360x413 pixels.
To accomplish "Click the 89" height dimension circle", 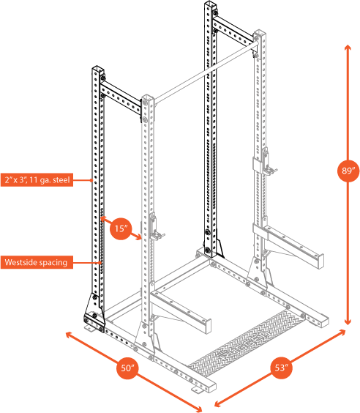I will (x=348, y=171).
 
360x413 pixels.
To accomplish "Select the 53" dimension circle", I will (x=281, y=368).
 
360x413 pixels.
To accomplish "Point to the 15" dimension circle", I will (x=120, y=228).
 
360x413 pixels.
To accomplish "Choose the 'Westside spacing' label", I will (x=35, y=261).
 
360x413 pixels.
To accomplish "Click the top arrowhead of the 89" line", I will (x=348, y=46).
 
